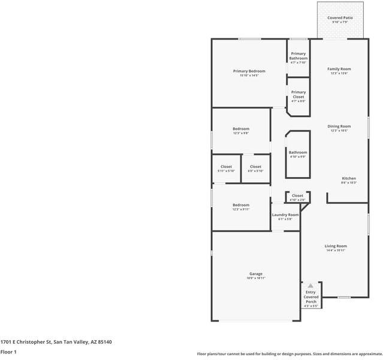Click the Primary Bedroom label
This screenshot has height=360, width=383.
[x=249, y=71]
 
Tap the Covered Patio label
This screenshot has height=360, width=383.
[x=339, y=18]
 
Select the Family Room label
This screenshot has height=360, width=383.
[x=339, y=69]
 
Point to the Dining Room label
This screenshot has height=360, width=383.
[x=339, y=127]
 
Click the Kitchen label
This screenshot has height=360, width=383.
[x=349, y=178]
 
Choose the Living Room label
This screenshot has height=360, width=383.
[x=336, y=246]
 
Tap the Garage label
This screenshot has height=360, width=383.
[x=255, y=274]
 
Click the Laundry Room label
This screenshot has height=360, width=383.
[x=285, y=215]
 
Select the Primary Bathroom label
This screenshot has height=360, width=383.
[x=298, y=56]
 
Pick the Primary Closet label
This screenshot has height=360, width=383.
[x=298, y=95]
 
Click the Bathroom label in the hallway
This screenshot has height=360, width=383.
[x=298, y=152]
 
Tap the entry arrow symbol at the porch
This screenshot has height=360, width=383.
[x=310, y=286]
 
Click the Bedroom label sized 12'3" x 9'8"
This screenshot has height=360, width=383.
[x=241, y=129]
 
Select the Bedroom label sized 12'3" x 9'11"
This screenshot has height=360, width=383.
[x=241, y=205]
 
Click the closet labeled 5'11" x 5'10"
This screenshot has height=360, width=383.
[x=226, y=167]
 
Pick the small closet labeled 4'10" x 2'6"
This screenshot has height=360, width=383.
[x=297, y=196]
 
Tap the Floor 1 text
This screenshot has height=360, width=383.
[x=8, y=352]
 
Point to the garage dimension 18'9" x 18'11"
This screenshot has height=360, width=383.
[x=255, y=278]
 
